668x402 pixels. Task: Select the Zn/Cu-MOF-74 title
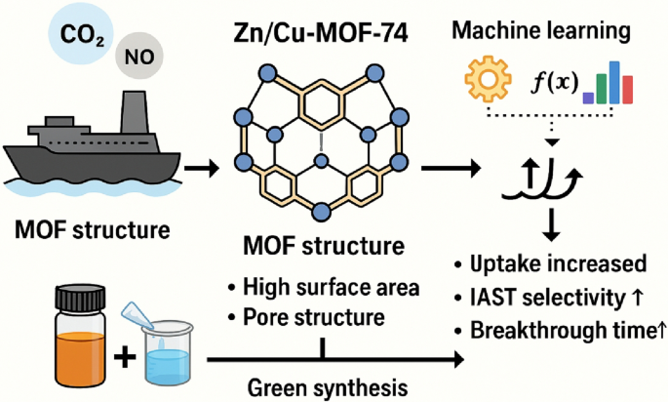(320, 29)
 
